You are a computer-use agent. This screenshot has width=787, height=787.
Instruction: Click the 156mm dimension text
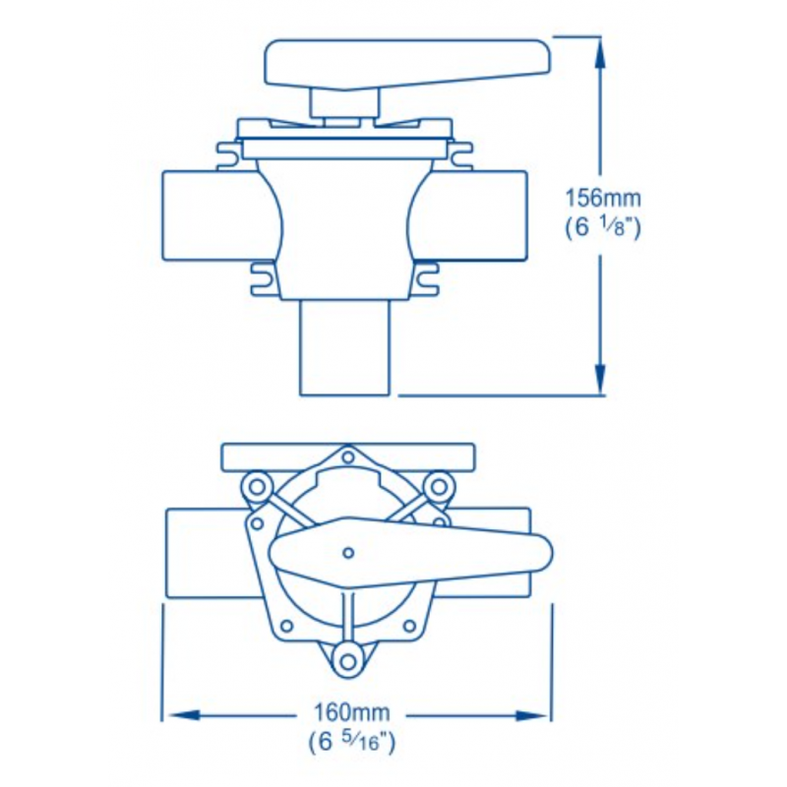click(x=603, y=199)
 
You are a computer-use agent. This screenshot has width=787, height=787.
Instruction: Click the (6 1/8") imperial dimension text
click(x=603, y=228)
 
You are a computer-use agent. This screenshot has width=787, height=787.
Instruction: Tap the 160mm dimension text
click(x=351, y=711)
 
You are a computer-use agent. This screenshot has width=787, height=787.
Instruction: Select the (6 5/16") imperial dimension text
click(x=352, y=742)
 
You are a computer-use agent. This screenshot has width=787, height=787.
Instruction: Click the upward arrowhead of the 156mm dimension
click(x=599, y=53)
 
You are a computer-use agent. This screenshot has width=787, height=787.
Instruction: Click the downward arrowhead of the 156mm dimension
click(x=599, y=379)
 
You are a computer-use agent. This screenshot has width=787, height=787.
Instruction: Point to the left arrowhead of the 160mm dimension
click(x=184, y=715)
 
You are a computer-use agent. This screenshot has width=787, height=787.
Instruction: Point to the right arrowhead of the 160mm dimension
click(x=531, y=715)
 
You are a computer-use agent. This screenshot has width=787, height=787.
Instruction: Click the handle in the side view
click(x=407, y=65)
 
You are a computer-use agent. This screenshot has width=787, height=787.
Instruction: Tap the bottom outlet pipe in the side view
click(x=344, y=347)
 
